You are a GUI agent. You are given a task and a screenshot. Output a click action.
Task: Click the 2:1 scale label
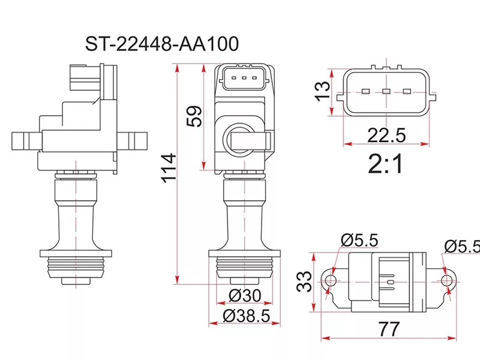(x=386, y=164)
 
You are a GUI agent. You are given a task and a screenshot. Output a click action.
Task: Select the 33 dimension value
(x=305, y=280)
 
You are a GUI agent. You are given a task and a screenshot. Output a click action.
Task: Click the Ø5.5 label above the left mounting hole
(x=359, y=241)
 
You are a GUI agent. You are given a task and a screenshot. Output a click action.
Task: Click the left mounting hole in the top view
(x=329, y=280)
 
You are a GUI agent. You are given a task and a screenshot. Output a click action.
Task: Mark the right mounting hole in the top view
(x=445, y=280)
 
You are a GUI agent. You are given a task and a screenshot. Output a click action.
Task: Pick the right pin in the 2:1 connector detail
(x=407, y=92)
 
